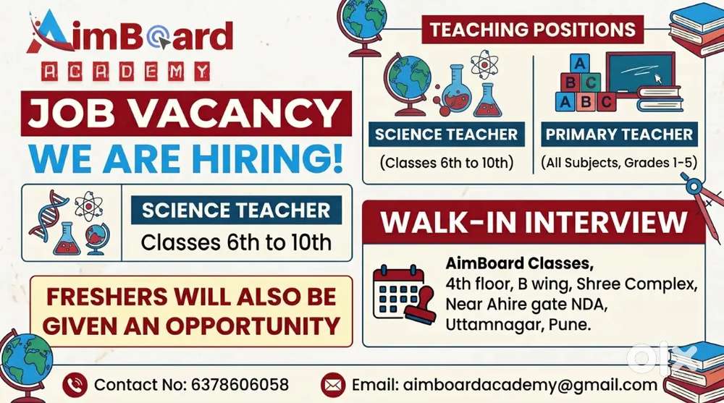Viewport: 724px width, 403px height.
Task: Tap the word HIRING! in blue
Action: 269,158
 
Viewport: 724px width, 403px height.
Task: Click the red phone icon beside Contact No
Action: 75,385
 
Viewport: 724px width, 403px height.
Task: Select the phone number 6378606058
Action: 240,384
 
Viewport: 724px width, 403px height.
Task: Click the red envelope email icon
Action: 333,385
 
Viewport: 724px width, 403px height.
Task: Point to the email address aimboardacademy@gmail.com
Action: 530,385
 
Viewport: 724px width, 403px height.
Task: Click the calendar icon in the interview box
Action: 404,294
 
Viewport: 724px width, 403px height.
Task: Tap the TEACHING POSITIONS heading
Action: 533,30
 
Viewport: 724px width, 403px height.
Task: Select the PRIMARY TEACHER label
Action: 619,135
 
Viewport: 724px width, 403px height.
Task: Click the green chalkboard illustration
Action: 641,73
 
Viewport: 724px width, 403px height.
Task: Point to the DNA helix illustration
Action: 48,215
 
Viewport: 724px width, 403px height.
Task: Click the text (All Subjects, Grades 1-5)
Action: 619,163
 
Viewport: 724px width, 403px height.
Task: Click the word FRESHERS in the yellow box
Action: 106,297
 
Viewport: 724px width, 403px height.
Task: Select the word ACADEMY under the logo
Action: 125,72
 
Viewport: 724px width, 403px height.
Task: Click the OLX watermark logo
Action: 662,357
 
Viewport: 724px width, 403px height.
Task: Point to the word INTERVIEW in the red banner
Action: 606,222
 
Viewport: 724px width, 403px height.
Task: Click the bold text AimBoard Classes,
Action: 519,263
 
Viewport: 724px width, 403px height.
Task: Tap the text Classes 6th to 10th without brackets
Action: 236,242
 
